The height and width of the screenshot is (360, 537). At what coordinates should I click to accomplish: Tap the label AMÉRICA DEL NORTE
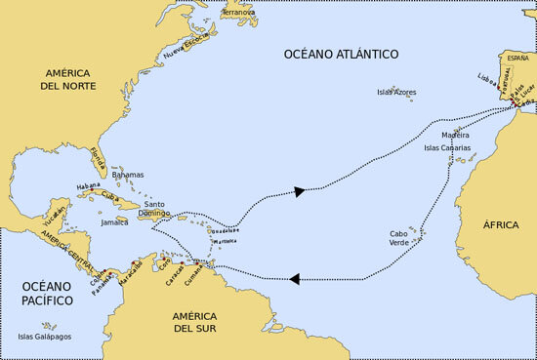click(x=67, y=80)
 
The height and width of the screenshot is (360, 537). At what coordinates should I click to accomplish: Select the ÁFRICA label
click(x=500, y=224)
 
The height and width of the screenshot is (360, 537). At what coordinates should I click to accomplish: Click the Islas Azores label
click(x=396, y=93)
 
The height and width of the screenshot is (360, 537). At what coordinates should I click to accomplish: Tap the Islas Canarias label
click(x=447, y=148)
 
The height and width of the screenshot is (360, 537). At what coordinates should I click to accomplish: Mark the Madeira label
click(x=455, y=135)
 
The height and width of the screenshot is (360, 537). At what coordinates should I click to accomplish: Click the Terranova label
click(x=239, y=13)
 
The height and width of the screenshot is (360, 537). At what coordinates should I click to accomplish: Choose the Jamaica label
click(x=114, y=222)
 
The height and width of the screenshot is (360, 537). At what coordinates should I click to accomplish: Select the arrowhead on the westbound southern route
click(x=294, y=279)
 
